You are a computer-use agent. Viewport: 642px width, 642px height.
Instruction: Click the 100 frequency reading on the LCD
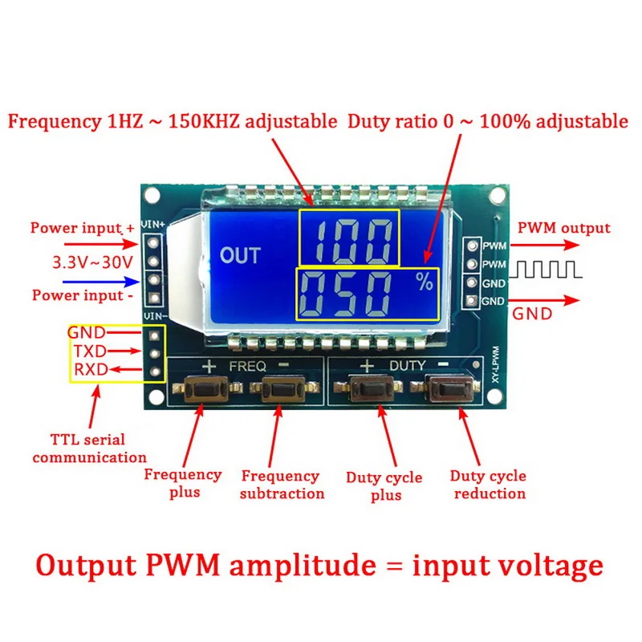click(349, 238)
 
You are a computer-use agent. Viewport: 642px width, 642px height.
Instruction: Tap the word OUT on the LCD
click(241, 256)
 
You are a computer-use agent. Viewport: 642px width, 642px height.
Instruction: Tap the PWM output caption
click(564, 228)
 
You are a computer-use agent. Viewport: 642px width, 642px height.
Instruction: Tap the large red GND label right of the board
click(532, 313)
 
